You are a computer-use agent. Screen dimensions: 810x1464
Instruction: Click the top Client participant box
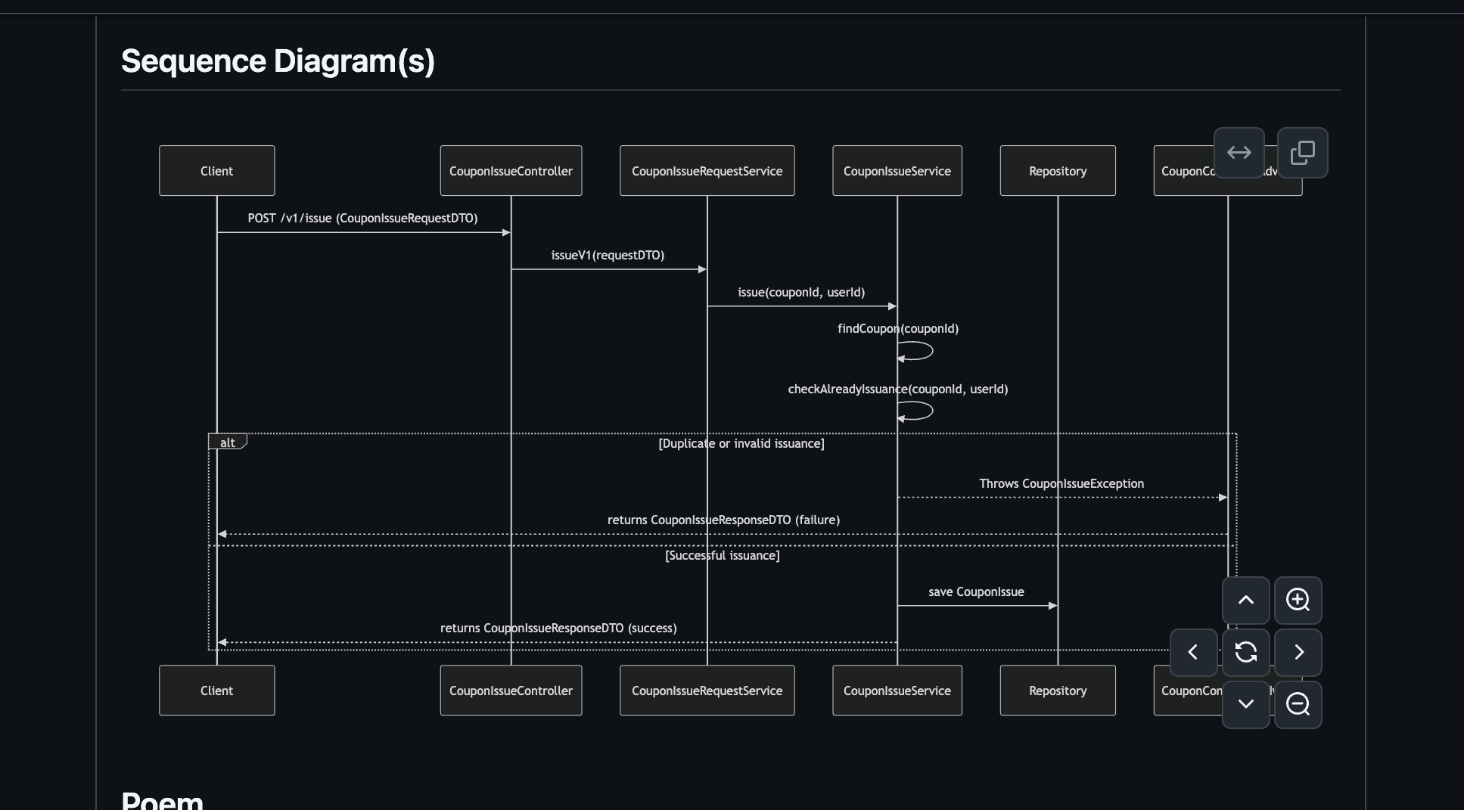pos(216,171)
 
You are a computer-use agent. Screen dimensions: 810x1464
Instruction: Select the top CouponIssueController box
pos(511,171)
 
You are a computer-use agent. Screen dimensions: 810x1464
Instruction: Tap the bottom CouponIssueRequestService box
pos(707,691)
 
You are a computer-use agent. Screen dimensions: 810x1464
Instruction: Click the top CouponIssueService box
pos(897,171)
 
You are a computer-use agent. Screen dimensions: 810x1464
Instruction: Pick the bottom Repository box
pos(1057,691)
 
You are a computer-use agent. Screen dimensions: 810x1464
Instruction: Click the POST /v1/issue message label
pos(362,219)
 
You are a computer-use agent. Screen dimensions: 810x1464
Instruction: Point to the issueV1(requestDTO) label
pos(608,256)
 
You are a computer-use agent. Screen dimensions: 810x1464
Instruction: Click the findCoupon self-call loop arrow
pos(917,351)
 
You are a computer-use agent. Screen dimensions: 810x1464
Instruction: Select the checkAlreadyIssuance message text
pos(897,389)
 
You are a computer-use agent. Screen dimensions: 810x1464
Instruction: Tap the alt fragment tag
pos(227,442)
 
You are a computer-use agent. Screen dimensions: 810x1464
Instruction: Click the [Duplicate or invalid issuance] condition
pos(741,444)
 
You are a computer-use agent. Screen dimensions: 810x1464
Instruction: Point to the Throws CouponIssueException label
pos(1061,484)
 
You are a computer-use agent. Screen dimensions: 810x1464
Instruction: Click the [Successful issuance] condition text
pos(722,556)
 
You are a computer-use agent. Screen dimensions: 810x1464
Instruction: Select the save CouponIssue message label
pos(976,592)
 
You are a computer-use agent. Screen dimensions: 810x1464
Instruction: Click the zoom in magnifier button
pos(1298,601)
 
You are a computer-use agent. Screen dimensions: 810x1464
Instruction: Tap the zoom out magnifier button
pos(1298,705)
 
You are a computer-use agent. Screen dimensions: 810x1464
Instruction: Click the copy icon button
pos(1302,153)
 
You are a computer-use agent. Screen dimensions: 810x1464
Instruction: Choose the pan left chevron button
pos(1193,653)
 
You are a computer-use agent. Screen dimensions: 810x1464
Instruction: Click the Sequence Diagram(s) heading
pos(278,61)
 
